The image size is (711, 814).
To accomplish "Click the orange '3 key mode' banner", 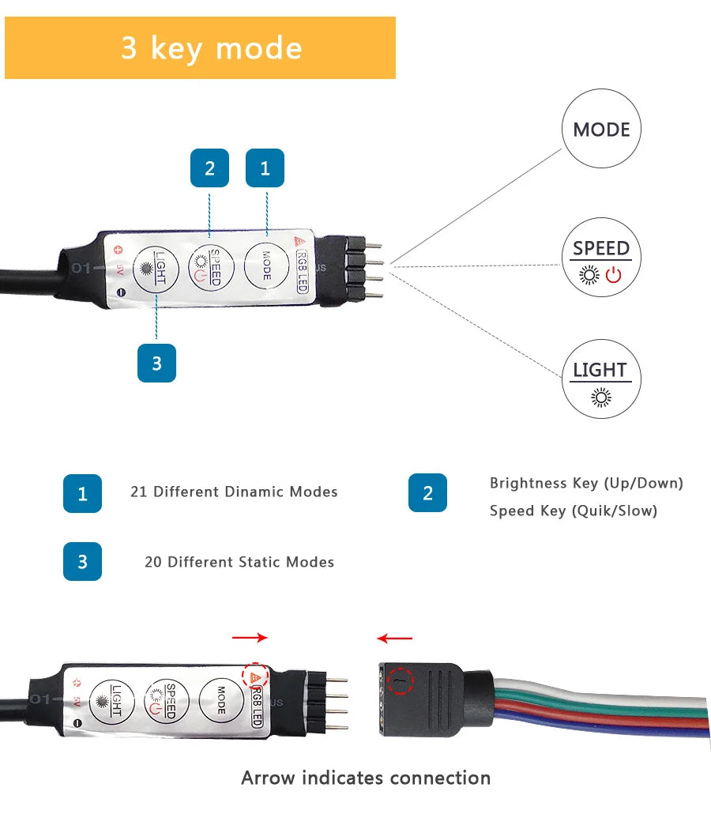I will [x=200, y=48].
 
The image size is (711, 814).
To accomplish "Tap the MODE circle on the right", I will [x=601, y=130].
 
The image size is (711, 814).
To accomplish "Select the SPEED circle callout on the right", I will [x=601, y=258].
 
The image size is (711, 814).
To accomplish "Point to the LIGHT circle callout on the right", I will [x=601, y=379].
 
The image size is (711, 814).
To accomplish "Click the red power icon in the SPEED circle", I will [x=614, y=275].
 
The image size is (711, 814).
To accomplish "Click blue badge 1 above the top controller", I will [x=265, y=168].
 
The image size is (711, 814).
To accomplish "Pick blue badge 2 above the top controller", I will [x=209, y=168].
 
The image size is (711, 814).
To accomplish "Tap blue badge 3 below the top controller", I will [x=156, y=363].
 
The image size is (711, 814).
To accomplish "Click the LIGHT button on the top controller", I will [x=154, y=269].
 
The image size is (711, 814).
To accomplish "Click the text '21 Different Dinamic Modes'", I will [x=234, y=492].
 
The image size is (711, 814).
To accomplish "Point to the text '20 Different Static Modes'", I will [x=239, y=562].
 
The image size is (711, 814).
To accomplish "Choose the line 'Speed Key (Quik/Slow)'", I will [x=574, y=511].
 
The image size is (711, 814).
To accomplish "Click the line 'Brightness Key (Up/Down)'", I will [x=586, y=483].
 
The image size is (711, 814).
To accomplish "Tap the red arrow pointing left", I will [x=394, y=638].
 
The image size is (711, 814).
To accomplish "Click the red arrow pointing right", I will [x=250, y=638].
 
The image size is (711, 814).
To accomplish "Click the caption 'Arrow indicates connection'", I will [x=366, y=778].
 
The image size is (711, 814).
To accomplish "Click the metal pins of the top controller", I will [x=365, y=269].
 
